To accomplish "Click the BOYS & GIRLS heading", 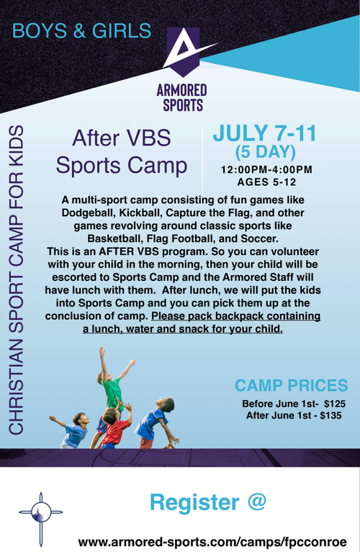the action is pyautogui.click(x=81, y=31).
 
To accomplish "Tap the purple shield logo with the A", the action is pyautogui.click(x=183, y=51).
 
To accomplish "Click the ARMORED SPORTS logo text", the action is pyautogui.click(x=182, y=97).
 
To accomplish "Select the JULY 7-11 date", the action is pyautogui.click(x=265, y=133).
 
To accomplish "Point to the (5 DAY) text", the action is pyautogui.click(x=266, y=152).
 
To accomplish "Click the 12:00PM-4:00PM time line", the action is pyautogui.click(x=266, y=169).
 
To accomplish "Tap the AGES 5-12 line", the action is pyautogui.click(x=266, y=182).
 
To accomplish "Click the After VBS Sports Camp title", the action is pyautogui.click(x=122, y=151).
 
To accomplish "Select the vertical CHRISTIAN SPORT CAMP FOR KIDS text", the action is pyautogui.click(x=16, y=280).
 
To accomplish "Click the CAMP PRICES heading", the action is pyautogui.click(x=292, y=386).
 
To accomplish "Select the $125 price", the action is pyautogui.click(x=335, y=404).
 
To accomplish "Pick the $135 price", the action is pyautogui.click(x=330, y=415).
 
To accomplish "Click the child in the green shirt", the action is pyautogui.click(x=112, y=391).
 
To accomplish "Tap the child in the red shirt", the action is pyautogui.click(x=113, y=426).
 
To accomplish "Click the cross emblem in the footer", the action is pyautogui.click(x=41, y=519).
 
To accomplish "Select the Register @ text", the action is pyautogui.click(x=208, y=502).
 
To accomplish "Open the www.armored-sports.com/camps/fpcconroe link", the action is pyautogui.click(x=212, y=541).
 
